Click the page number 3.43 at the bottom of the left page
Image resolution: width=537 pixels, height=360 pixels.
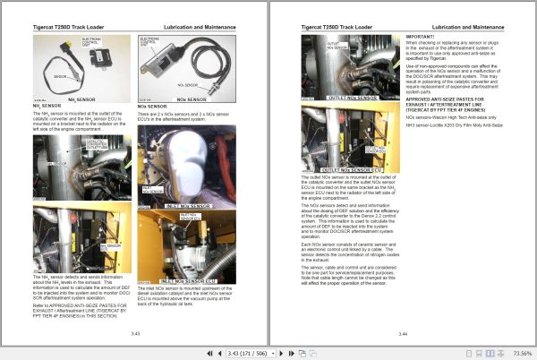tap(135, 333)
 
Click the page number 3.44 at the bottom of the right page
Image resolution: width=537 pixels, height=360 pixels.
tap(402, 333)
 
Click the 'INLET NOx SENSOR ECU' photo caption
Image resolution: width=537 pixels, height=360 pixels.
tap(186, 281)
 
